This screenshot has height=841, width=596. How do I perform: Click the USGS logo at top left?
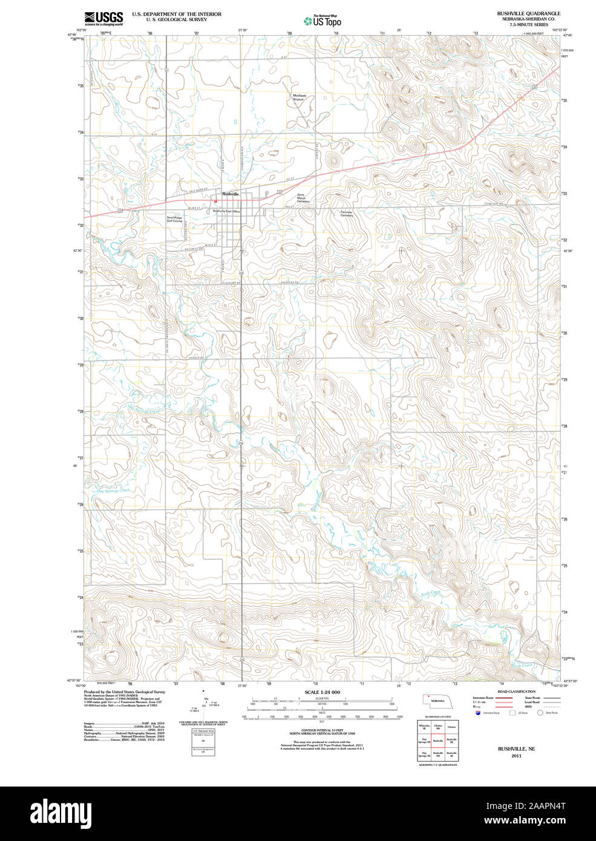103,18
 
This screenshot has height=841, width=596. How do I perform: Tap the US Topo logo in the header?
323,21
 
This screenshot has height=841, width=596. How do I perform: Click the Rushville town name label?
231,194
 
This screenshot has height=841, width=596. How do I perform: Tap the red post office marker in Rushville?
215,202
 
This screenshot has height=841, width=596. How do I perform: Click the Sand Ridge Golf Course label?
174,220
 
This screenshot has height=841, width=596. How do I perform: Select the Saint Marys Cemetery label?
303,198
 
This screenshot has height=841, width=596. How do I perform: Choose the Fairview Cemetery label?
346,214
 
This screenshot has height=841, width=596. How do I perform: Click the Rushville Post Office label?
226,211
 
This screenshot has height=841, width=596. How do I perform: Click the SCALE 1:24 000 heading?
322,692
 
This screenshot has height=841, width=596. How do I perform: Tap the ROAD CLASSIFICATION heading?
516,692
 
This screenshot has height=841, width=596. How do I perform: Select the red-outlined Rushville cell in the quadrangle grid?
437,740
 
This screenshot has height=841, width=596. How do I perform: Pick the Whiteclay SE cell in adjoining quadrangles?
424,727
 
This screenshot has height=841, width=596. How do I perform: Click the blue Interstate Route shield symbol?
479,713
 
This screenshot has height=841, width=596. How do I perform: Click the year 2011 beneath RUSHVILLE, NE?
516,756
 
